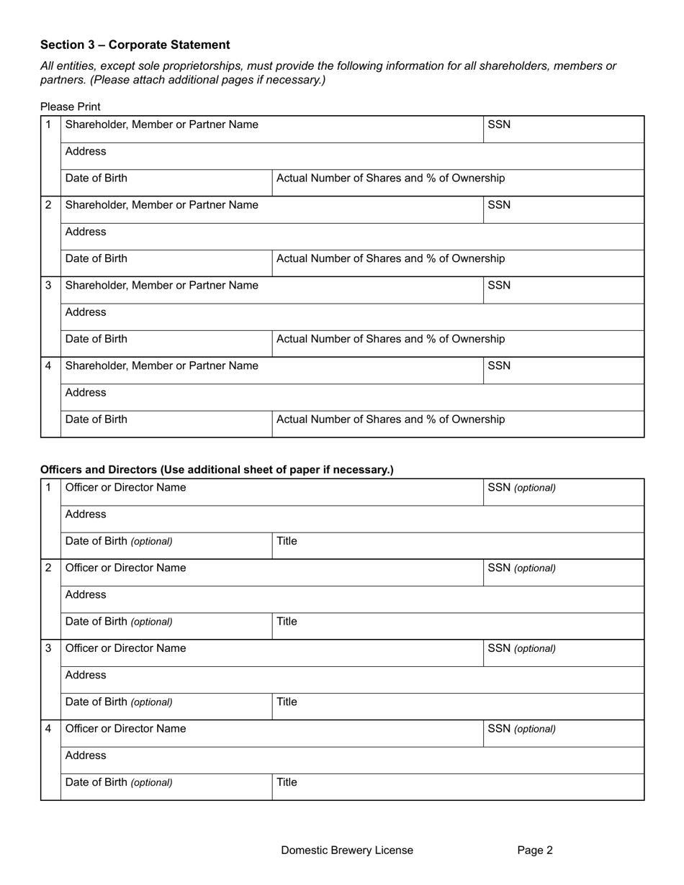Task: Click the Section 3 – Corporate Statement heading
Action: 135,45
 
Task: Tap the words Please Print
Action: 71,106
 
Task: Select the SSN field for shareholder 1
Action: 563,130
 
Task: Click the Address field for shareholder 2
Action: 352,237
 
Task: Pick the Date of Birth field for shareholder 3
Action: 166,344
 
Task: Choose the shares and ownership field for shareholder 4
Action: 458,424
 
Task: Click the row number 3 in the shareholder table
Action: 49,286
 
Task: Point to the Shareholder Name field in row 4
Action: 272,371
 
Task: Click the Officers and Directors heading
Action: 217,470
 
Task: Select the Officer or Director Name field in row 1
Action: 272,492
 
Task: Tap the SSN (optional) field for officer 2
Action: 563,573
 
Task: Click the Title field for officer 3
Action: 458,707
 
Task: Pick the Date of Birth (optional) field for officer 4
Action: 166,787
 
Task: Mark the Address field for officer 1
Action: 352,519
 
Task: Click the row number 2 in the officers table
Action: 49,568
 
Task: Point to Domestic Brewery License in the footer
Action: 347,850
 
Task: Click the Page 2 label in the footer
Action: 535,850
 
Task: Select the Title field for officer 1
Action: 458,545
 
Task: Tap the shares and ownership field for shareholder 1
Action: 458,183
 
